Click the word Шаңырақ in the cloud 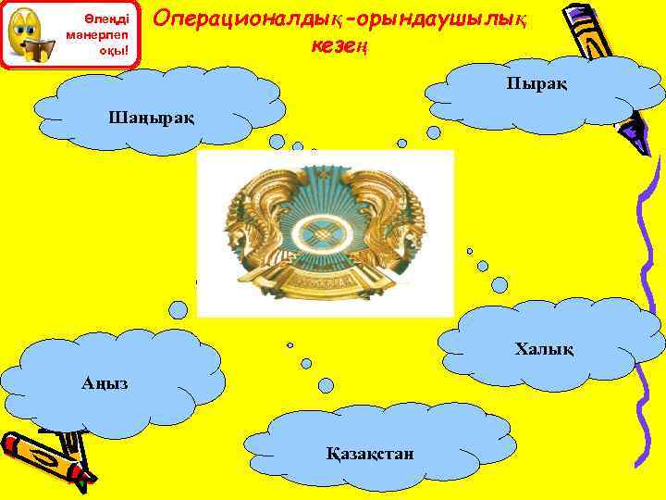click(x=152, y=118)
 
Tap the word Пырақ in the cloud click(x=536, y=84)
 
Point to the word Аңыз click(x=98, y=382)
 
